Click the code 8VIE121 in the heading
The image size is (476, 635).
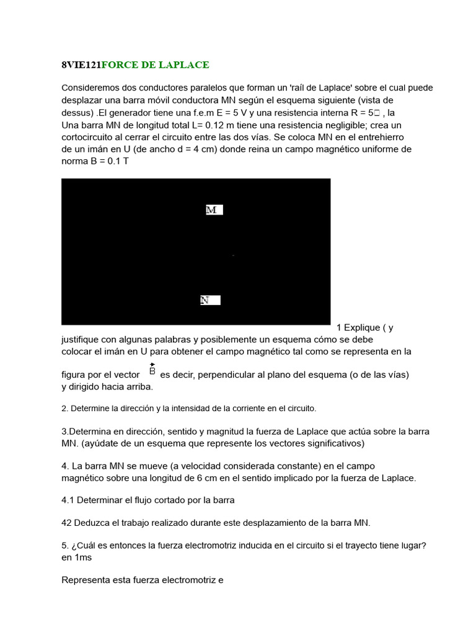[81, 65]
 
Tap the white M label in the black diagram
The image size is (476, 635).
[213, 210]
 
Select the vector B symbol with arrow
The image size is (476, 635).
[152, 370]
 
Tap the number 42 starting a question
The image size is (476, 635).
[67, 523]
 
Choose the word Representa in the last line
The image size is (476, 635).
[84, 580]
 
